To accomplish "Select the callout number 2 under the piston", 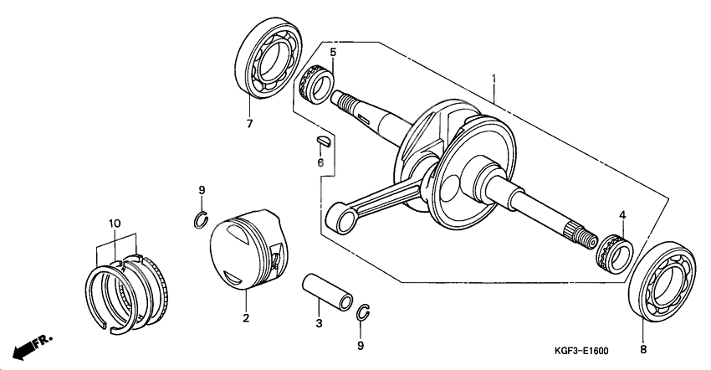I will point(245,318).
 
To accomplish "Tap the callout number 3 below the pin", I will point(318,322).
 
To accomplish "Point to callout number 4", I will point(622,216).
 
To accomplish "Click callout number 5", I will point(332,52).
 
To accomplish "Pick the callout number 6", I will point(320,162).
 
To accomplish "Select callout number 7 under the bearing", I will point(248,125).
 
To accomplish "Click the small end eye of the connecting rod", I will point(340,221).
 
